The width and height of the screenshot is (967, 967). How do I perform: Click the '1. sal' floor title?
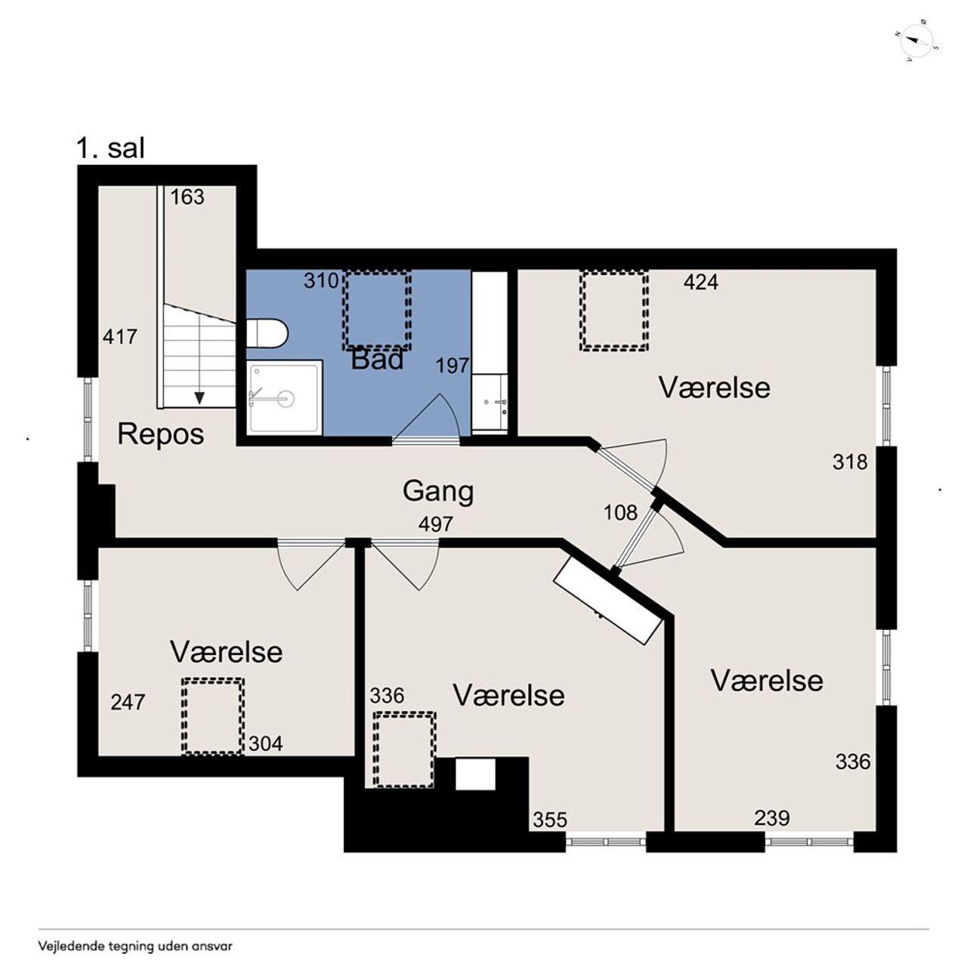click(111, 149)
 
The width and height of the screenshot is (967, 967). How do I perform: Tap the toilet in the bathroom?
click(267, 333)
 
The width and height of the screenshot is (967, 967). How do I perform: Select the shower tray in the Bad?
click(285, 397)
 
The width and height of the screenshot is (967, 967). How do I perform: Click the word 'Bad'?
click(377, 360)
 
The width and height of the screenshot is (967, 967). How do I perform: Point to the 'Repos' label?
click(161, 434)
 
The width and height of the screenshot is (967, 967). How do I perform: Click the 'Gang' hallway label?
click(438, 492)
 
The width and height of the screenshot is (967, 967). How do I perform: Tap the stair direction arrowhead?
click(199, 397)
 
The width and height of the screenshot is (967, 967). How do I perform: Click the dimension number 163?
click(187, 197)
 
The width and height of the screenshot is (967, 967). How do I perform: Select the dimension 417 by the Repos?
click(120, 337)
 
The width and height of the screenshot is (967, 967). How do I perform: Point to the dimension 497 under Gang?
click(436, 524)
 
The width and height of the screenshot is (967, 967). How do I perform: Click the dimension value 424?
click(701, 282)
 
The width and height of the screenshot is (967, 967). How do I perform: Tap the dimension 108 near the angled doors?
click(621, 512)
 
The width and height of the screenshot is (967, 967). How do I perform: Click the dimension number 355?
click(550, 820)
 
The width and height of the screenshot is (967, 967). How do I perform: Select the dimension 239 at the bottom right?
click(772, 818)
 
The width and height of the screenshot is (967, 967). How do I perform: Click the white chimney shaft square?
click(475, 774)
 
